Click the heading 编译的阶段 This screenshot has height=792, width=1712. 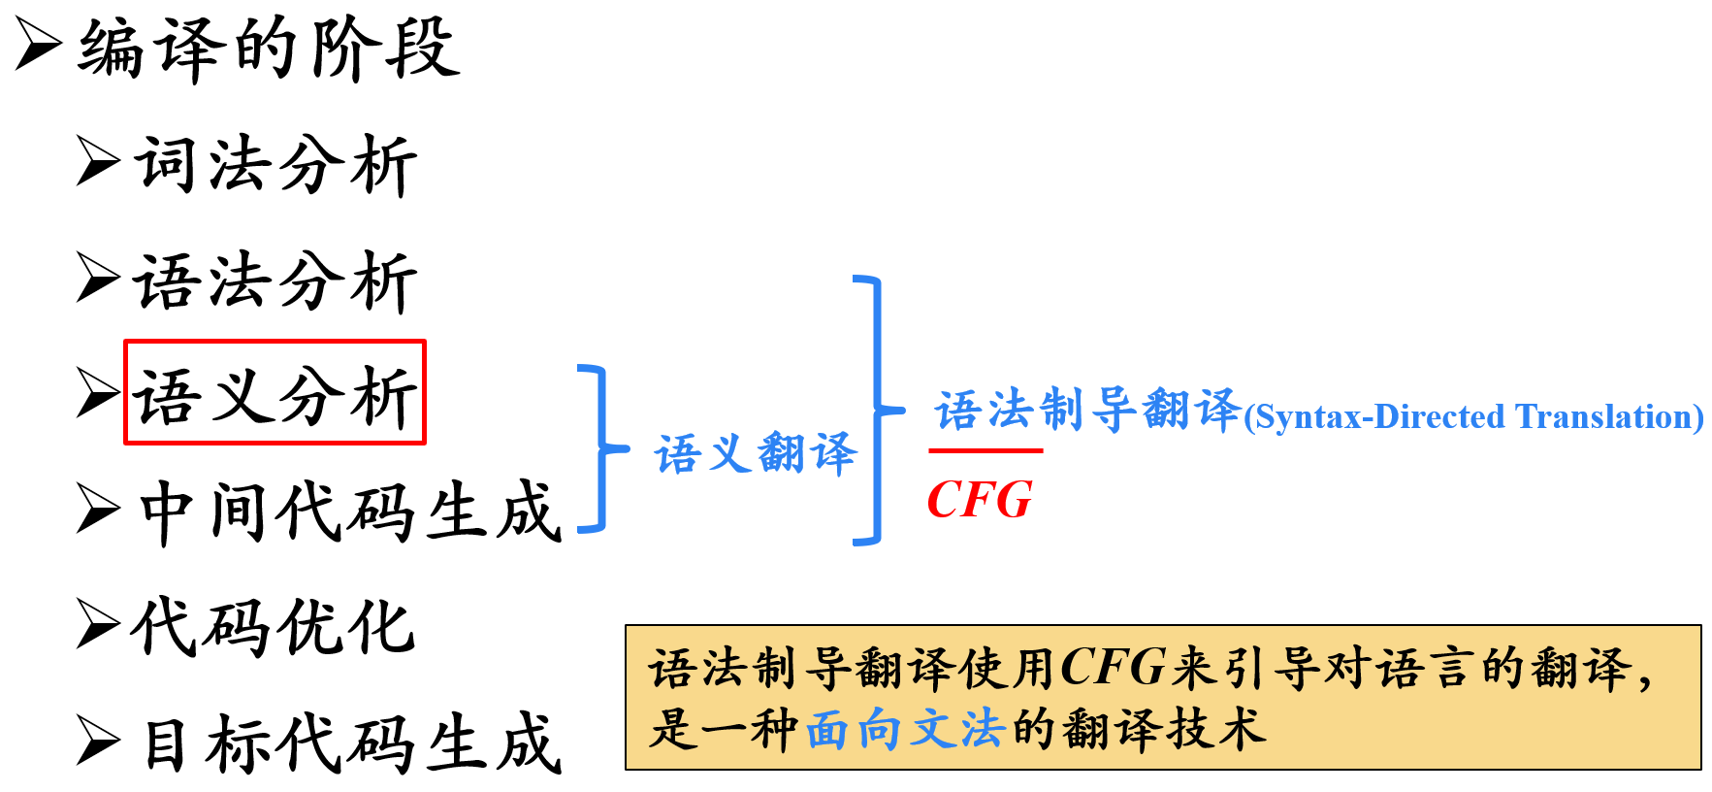[269, 49]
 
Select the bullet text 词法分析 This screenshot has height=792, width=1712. [276, 165]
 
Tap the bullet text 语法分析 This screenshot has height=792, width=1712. [276, 281]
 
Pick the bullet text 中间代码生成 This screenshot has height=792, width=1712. [349, 511]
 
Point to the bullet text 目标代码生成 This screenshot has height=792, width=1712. [351, 743]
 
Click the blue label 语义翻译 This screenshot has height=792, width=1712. [756, 453]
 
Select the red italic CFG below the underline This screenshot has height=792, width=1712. [980, 501]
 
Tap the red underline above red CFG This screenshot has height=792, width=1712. [985, 450]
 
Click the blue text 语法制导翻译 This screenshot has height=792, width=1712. [1086, 410]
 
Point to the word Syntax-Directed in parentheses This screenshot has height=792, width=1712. [1376, 417]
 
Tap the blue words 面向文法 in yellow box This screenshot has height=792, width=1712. [904, 729]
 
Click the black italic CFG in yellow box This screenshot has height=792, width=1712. [1113, 668]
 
